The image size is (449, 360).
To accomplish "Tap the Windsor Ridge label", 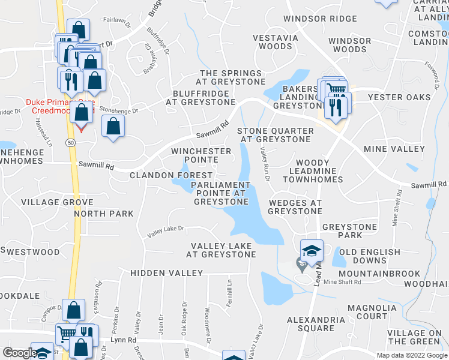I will pos(321,19).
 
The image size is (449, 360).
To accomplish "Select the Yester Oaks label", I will pos(399,97).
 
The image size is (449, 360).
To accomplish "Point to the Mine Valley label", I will pos(394,149).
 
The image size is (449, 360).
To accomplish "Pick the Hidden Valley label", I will pos(167,273).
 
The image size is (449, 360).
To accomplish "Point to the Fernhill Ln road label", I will pos(229,294).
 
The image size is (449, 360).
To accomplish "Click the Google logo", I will pos(19,353).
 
